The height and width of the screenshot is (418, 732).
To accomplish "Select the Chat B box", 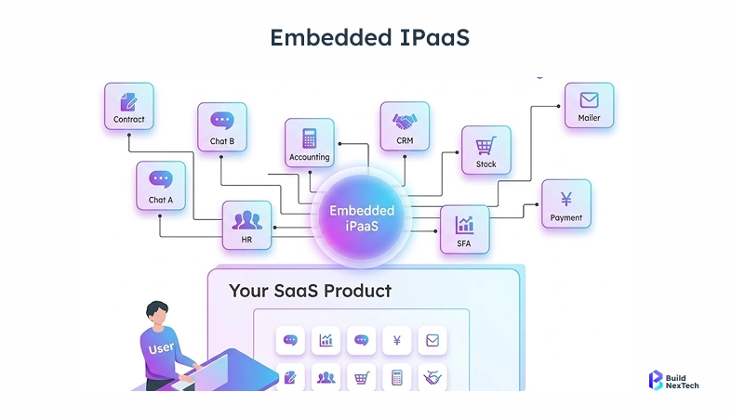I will (221, 126).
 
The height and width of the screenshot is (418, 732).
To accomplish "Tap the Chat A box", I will (160, 185).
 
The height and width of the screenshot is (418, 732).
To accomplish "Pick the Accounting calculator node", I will (309, 143).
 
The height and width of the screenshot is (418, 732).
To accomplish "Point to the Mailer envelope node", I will (589, 106).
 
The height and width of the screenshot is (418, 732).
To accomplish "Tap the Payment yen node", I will (566, 203).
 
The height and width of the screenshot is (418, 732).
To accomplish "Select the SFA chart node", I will (464, 229).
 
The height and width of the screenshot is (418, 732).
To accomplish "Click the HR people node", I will (246, 225).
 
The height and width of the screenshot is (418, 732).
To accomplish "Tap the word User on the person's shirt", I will (161, 349).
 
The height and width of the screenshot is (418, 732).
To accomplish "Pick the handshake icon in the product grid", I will (433, 377).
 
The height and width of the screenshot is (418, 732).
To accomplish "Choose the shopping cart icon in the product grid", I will (361, 377).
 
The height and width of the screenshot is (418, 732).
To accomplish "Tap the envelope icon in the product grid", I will (433, 341).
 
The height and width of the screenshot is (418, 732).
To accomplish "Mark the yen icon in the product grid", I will (397, 341).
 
